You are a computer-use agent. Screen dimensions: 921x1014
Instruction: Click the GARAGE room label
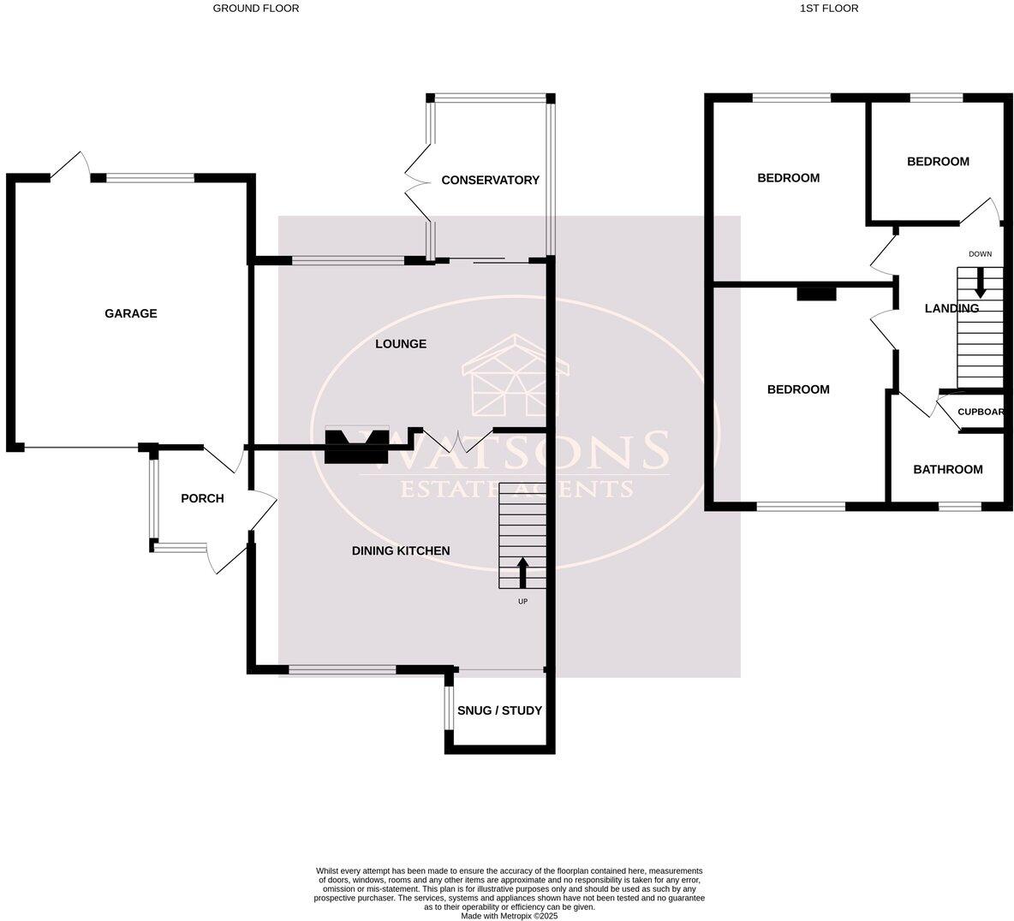(131, 313)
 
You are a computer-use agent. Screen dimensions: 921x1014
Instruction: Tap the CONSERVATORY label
(490, 180)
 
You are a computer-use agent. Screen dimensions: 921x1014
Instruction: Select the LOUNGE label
(401, 344)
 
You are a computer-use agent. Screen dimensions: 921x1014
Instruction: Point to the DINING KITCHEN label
(401, 550)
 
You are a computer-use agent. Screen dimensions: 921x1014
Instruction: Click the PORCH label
(202, 498)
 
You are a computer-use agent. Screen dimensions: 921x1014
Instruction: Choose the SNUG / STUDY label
(500, 710)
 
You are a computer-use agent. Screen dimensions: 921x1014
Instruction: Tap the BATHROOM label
(947, 469)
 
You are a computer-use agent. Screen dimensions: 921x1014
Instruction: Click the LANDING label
(951, 308)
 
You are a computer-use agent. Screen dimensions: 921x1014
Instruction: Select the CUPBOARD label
(981, 412)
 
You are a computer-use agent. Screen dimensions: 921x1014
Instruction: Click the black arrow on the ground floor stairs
(522, 573)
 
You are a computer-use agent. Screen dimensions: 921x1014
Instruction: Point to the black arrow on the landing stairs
(980, 283)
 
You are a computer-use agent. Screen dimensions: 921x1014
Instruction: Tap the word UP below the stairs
(522, 602)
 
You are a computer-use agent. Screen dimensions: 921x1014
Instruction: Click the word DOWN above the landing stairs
(980, 254)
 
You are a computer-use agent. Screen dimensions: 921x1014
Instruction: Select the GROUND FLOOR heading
(256, 9)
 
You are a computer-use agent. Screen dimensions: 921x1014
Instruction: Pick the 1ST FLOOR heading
(828, 9)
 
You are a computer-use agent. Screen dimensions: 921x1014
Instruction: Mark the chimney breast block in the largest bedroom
(816, 294)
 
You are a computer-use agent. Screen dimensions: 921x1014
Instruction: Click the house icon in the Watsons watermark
(515, 377)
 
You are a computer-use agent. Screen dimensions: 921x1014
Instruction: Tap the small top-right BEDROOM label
(938, 161)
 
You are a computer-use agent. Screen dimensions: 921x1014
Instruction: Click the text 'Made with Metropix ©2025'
(510, 915)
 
